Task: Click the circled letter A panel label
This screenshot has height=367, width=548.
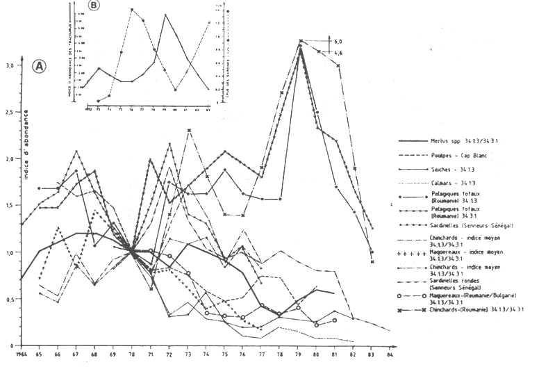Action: (x=40, y=67)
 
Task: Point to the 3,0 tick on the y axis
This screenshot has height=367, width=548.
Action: (x=9, y=65)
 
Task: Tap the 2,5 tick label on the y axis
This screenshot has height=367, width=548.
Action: (x=9, y=112)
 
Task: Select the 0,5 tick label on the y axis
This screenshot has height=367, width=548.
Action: (x=9, y=299)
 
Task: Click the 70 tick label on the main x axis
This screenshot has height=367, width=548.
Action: (x=131, y=352)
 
